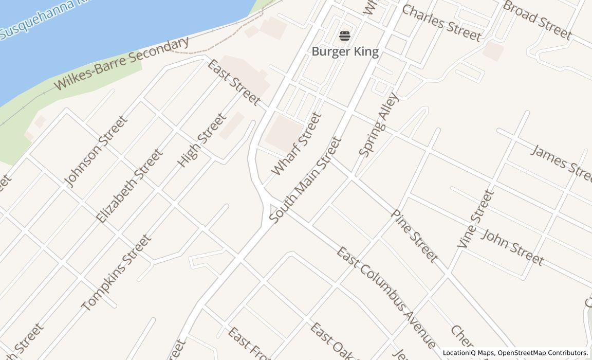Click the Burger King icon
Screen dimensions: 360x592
tap(345, 36)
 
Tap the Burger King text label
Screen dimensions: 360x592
tap(345, 51)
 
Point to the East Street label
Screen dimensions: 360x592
tap(234, 82)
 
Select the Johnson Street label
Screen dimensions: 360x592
tap(96, 151)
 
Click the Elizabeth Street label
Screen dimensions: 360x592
tap(130, 186)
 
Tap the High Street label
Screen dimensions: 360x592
tap(201, 140)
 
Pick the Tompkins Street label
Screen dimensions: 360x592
tap(117, 273)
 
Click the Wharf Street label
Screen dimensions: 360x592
tap(297, 144)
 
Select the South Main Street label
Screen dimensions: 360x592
tap(305, 179)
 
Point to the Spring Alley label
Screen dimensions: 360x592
tap(379, 124)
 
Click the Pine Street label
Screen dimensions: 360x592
tap(415, 236)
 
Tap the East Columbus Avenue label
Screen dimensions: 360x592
tap(386, 298)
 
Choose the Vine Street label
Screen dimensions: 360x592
tap(475, 219)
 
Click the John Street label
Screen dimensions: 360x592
tap(512, 247)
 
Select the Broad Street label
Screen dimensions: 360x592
tap(537, 20)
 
